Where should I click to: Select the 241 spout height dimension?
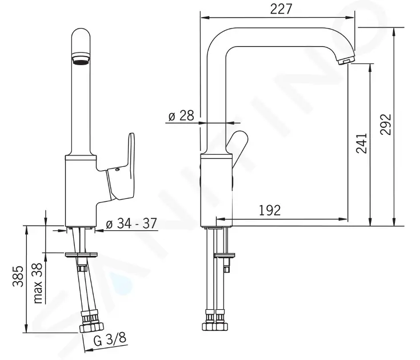[x=361, y=143]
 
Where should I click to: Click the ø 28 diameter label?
[x=181, y=116]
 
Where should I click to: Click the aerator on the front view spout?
[x=81, y=59]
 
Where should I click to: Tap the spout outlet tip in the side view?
[x=346, y=61]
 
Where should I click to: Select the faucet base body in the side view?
[x=216, y=189]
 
